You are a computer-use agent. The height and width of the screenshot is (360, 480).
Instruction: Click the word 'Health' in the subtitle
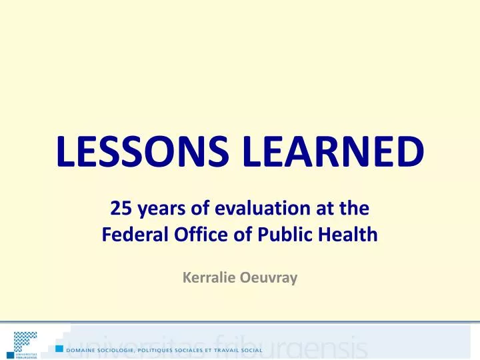point(345,235)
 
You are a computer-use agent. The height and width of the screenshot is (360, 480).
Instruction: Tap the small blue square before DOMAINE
point(60,349)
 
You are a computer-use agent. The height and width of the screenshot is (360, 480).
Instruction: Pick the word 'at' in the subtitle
point(315,209)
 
